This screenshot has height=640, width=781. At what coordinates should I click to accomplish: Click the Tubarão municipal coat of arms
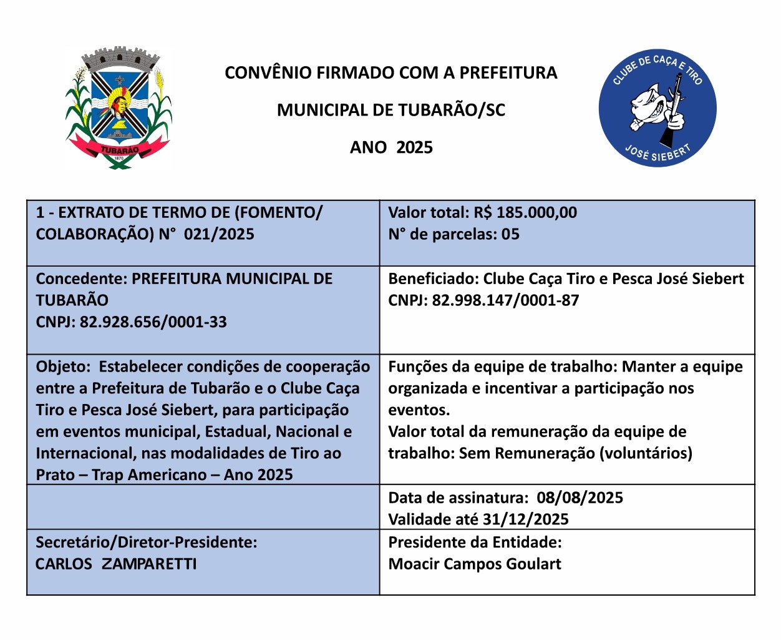point(119,107)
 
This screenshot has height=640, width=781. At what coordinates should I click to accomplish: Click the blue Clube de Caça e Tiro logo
point(657,109)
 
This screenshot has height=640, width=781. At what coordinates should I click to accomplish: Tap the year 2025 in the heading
point(414,148)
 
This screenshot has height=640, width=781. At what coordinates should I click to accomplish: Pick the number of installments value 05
point(510,234)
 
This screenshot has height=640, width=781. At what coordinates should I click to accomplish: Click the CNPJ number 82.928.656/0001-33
point(153,322)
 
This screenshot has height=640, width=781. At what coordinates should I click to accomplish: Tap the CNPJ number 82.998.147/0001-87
point(505,300)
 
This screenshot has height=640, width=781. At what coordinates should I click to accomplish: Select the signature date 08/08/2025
point(580,498)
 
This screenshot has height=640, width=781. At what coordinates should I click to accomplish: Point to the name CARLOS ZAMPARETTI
point(116,564)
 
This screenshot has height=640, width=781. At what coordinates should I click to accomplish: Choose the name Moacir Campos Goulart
point(475,564)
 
